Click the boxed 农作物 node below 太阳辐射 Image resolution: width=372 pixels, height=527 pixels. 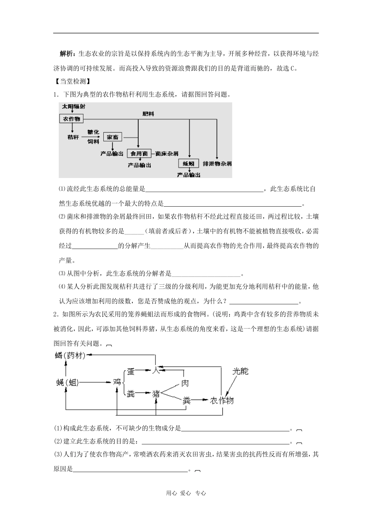(71, 118)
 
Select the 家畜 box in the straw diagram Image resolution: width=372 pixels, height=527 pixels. (113, 137)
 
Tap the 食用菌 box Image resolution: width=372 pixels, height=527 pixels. (139, 154)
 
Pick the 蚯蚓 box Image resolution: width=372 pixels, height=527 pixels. (188, 164)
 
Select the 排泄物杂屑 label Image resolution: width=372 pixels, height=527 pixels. (217, 164)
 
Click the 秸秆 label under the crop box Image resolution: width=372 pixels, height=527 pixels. (73, 137)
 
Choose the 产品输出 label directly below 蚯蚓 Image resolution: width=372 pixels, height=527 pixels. (188, 175)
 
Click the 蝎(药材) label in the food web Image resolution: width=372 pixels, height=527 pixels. (70, 355)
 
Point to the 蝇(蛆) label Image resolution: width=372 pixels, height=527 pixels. (68, 383)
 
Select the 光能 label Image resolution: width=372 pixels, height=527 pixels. (240, 371)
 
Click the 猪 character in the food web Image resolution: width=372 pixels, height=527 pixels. (156, 394)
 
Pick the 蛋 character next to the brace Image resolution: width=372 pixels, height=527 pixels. (131, 371)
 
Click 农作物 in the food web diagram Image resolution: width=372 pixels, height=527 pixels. (222, 400)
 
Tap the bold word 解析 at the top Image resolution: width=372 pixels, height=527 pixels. (68, 54)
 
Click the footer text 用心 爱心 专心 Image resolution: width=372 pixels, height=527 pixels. (186, 493)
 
